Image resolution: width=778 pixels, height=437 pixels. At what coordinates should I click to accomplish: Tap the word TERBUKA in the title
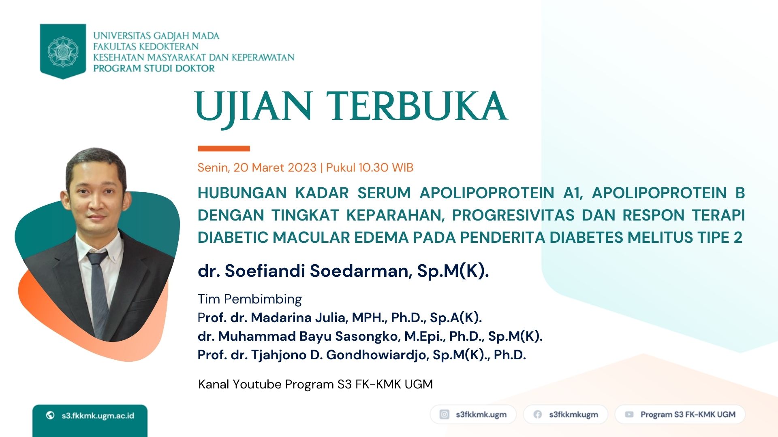click(x=417, y=106)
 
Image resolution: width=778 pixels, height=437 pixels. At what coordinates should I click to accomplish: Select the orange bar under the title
click(x=224, y=148)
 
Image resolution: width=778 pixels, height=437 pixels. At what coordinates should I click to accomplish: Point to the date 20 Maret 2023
click(x=275, y=168)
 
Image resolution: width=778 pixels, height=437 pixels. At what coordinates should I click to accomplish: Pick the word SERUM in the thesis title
click(x=384, y=193)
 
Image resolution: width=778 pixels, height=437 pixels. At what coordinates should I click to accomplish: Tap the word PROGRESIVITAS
click(x=513, y=215)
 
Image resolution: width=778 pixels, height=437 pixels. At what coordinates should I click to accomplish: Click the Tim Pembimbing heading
click(x=250, y=299)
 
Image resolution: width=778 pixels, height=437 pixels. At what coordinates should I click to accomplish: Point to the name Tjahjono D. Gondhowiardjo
click(x=339, y=355)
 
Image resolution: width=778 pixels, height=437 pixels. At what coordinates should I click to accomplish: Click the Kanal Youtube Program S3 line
click(x=315, y=384)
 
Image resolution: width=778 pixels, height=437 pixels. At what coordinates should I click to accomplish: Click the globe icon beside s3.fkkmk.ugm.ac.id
click(x=50, y=415)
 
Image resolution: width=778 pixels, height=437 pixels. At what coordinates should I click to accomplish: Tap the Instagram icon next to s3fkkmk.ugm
click(x=445, y=414)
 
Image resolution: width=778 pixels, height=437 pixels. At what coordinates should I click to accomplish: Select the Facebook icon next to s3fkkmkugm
click(x=538, y=414)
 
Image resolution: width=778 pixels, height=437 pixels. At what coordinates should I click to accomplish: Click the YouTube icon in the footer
click(x=629, y=414)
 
